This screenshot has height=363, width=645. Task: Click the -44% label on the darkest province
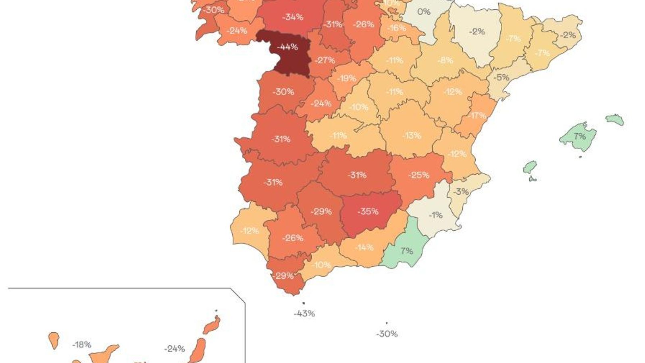(x=287, y=47)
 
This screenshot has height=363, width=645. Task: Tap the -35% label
(x=368, y=211)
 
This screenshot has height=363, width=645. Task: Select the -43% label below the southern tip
(x=304, y=313)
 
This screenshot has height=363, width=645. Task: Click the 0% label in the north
(x=424, y=12)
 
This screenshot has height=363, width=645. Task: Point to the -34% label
(x=293, y=17)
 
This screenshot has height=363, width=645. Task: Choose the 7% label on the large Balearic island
(x=580, y=136)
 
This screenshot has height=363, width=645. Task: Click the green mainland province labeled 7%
(x=406, y=251)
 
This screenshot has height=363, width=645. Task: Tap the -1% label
(x=435, y=215)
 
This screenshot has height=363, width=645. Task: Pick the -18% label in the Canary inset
(x=82, y=345)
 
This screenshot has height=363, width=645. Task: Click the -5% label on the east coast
(x=501, y=77)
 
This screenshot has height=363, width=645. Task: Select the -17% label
(x=477, y=116)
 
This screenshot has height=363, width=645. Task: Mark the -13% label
(x=412, y=136)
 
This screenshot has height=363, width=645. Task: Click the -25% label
(x=419, y=175)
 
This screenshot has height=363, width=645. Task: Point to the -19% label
(x=347, y=78)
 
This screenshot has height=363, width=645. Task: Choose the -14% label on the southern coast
(x=364, y=247)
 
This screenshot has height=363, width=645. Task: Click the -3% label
(x=461, y=192)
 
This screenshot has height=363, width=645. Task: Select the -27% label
(x=325, y=60)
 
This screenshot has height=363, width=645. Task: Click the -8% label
(x=445, y=60)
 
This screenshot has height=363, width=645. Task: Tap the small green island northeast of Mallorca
(x=615, y=119)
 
